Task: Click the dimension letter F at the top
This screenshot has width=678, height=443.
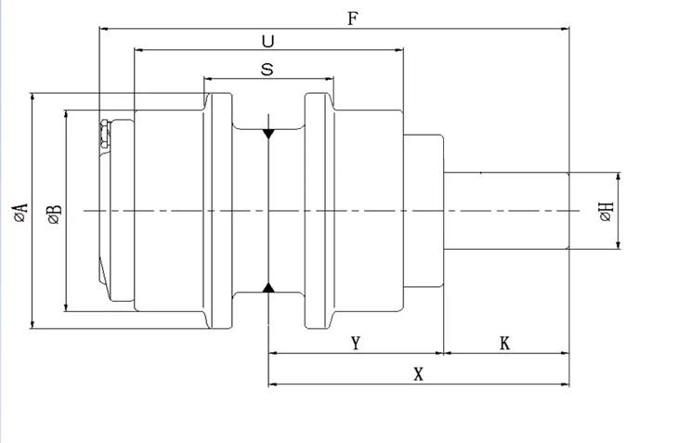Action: (x=353, y=19)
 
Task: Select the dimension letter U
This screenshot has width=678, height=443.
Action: (x=268, y=42)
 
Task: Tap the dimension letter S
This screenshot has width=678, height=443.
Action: (x=267, y=69)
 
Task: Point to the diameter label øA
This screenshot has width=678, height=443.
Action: (x=20, y=212)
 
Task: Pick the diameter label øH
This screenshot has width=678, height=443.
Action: (x=606, y=212)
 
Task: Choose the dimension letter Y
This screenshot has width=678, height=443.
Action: (x=356, y=344)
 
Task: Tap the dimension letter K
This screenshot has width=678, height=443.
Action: (x=504, y=344)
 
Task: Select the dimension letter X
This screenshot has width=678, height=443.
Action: (x=419, y=374)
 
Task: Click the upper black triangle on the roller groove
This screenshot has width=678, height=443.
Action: (x=268, y=134)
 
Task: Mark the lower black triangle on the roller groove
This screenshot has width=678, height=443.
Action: (x=268, y=287)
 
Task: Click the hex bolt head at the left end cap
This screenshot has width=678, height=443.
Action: (x=104, y=135)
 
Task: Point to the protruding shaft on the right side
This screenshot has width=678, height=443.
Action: (x=506, y=211)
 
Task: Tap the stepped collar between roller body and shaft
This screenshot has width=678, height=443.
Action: (x=424, y=211)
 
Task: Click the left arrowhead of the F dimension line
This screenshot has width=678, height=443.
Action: (x=104, y=29)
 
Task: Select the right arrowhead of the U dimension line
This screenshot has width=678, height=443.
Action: (x=399, y=50)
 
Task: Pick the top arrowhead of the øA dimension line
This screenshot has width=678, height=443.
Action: (x=33, y=97)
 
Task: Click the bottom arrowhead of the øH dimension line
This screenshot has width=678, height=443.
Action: (x=619, y=245)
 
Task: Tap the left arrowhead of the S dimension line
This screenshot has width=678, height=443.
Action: (x=208, y=79)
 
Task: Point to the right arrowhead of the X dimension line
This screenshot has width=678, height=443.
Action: (x=565, y=384)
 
